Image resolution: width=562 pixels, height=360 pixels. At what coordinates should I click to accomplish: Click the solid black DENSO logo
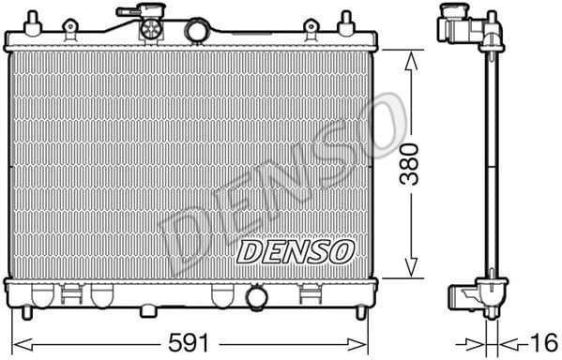pos(294,250)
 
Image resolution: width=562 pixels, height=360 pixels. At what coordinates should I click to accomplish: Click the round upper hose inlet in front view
pos(196,31)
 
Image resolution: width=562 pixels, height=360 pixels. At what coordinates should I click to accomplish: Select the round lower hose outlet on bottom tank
pos(256,298)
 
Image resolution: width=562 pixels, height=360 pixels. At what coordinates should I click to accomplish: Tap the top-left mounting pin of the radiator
pos(32,20)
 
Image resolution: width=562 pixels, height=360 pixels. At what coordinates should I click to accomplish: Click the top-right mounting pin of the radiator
pos(346,20)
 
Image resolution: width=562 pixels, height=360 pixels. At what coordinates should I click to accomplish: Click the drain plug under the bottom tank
pos(148,309)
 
